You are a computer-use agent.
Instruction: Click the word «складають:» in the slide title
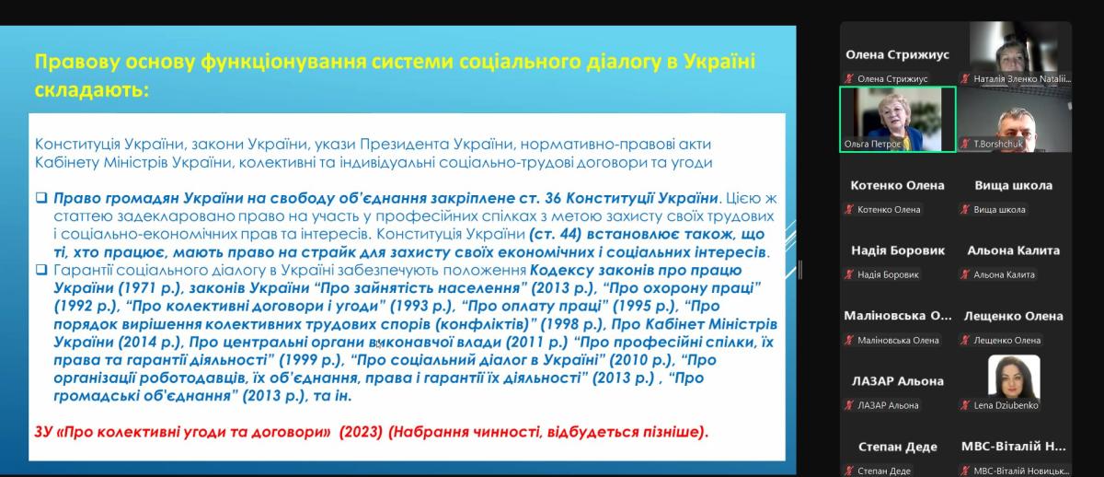92,91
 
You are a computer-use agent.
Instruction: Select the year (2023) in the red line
361,432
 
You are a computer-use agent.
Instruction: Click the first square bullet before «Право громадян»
41,198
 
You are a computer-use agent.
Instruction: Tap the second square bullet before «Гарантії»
41,270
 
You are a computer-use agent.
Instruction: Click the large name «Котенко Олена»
897,185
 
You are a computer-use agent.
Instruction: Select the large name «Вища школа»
1013,185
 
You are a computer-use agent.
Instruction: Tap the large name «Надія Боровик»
898,250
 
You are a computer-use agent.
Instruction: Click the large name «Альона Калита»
1013,250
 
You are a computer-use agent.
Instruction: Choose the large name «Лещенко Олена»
1013,316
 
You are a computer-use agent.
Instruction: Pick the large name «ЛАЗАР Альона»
898,381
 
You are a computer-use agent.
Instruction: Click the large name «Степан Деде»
898,447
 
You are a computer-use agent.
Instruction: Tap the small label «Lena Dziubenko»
1006,405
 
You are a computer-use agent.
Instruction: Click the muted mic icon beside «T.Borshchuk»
965,144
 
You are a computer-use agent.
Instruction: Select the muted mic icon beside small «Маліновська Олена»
848,340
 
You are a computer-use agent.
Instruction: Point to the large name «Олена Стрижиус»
897,54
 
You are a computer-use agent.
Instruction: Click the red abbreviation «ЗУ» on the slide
43,432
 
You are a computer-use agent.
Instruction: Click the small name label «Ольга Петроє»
872,144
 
